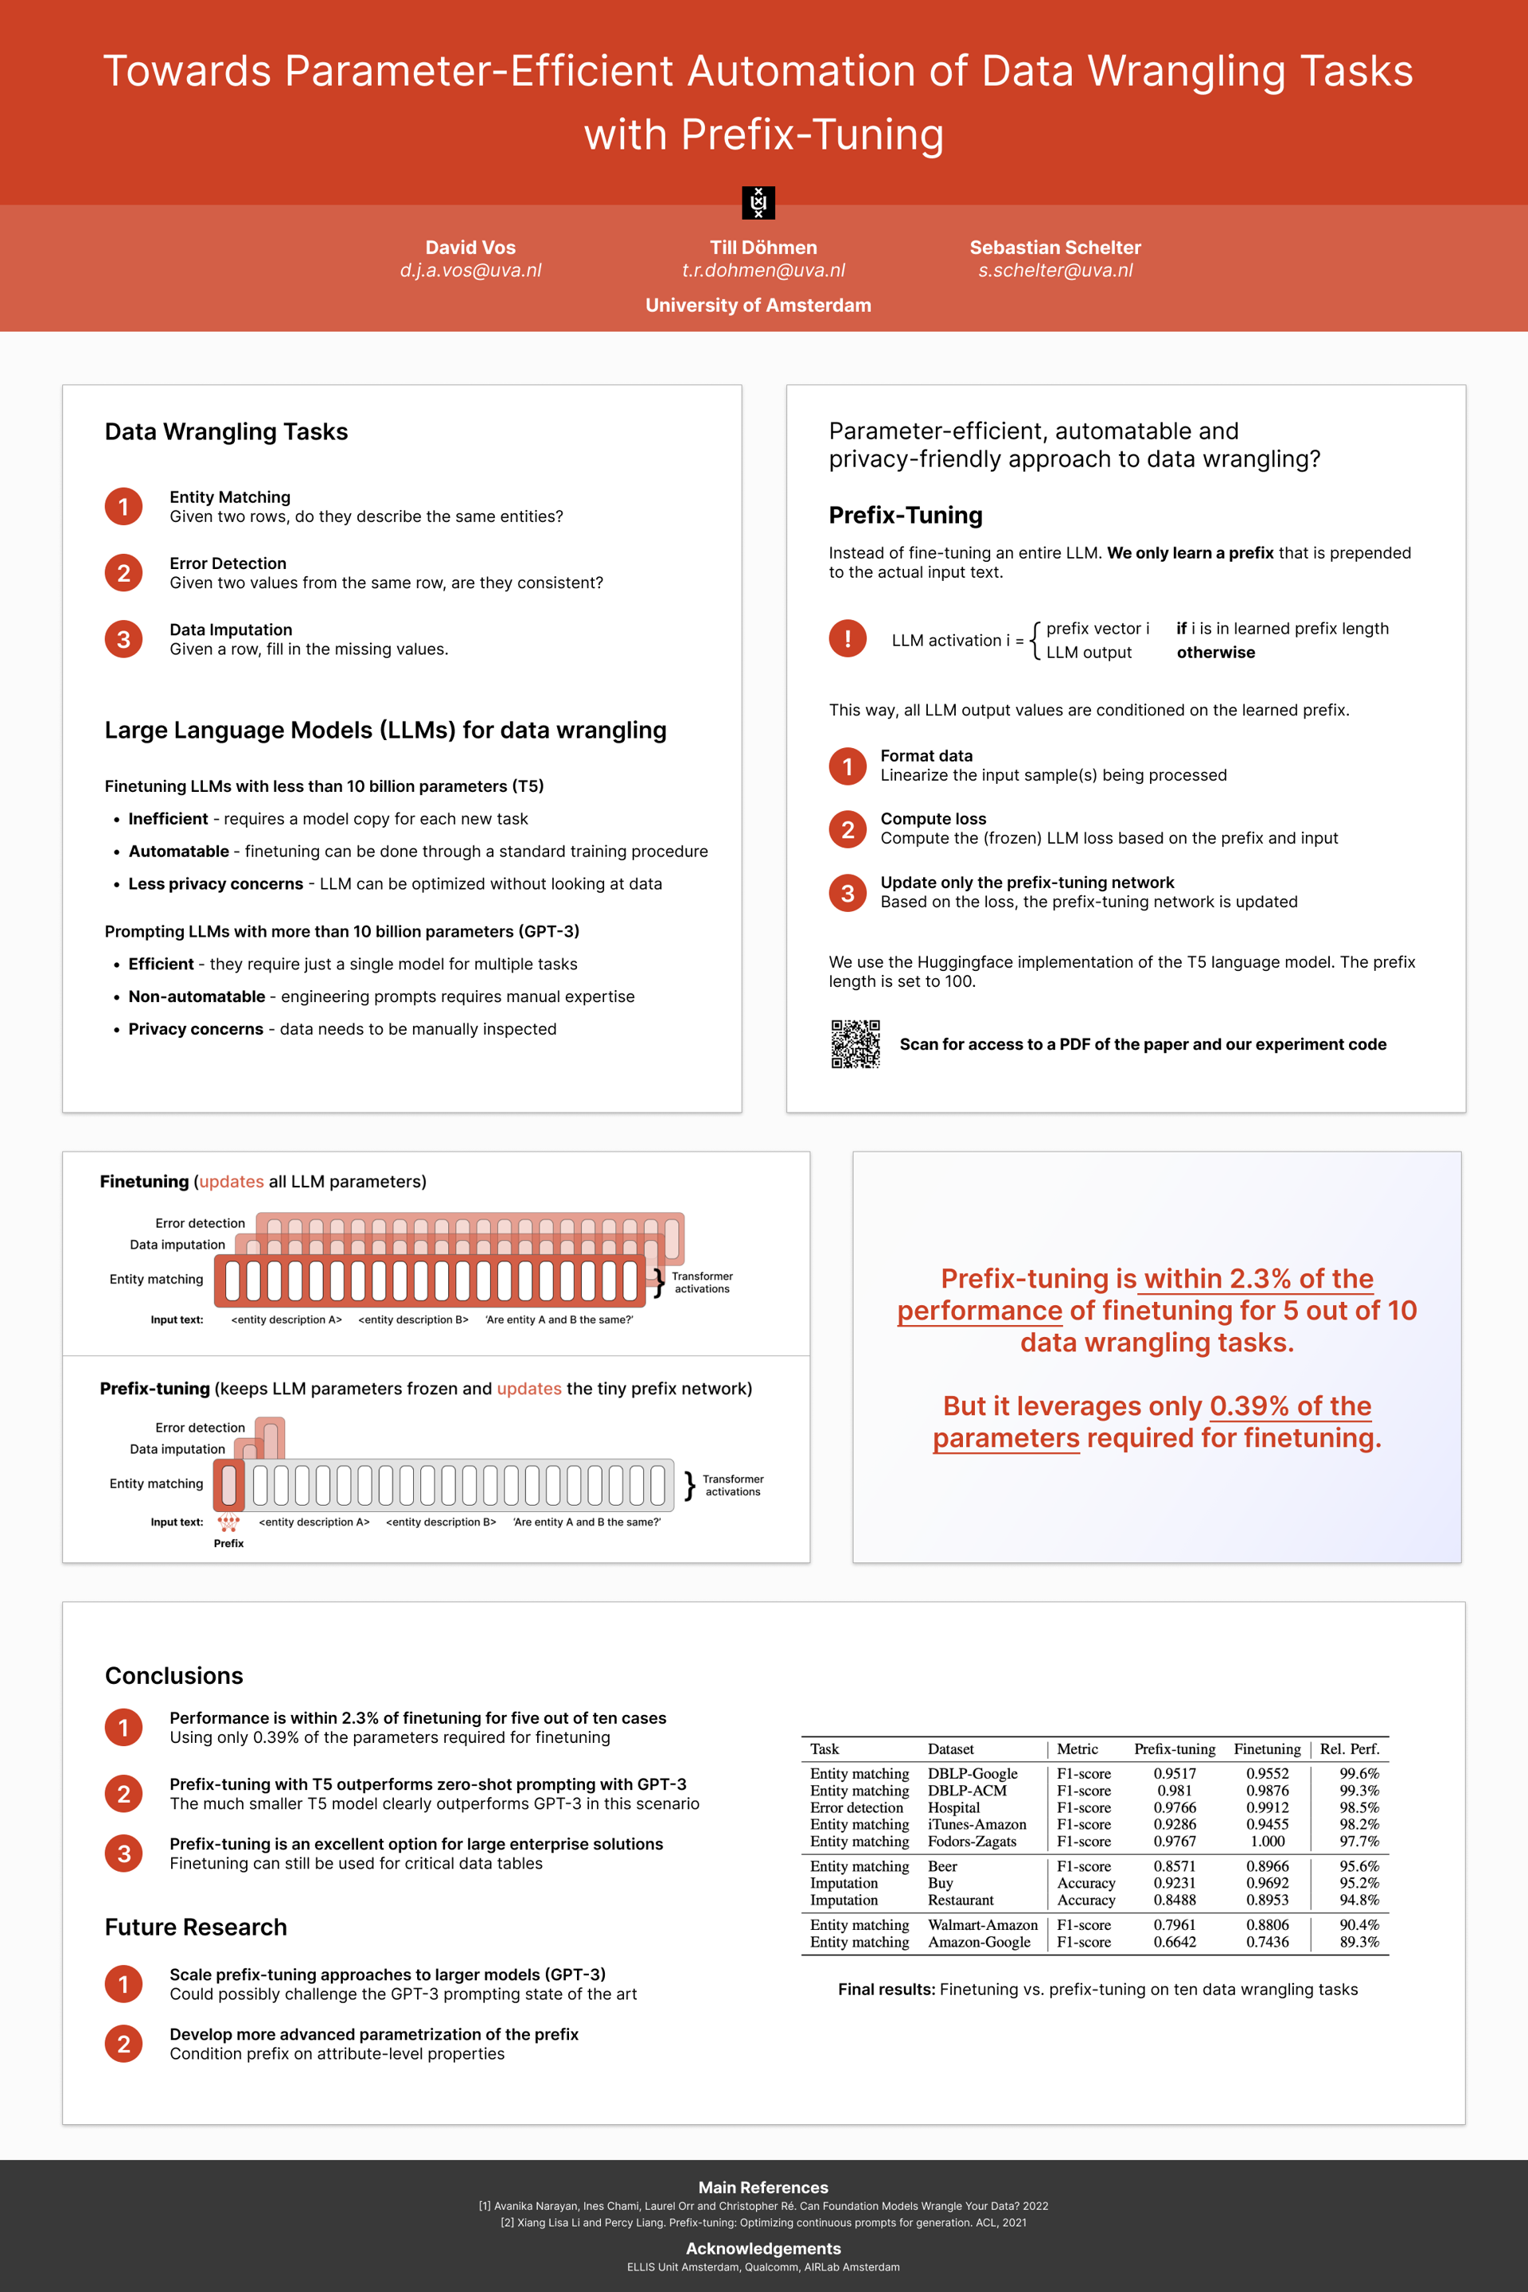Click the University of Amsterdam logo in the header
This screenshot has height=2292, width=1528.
pyautogui.click(x=758, y=203)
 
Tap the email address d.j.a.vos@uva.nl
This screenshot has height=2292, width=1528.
pyautogui.click(x=470, y=271)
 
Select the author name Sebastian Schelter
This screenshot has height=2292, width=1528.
pyautogui.click(x=1054, y=248)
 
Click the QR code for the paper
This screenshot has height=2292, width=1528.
pyautogui.click(x=856, y=1043)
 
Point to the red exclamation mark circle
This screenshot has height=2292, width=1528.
pyautogui.click(x=848, y=639)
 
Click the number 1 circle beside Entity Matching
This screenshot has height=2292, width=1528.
pyautogui.click(x=124, y=507)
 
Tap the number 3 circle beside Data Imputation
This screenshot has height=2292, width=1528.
pyautogui.click(x=124, y=639)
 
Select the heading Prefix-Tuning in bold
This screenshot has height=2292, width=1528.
pyautogui.click(x=906, y=516)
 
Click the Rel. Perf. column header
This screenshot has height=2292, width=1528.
pyautogui.click(x=1350, y=1749)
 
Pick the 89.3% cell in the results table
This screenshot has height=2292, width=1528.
pyautogui.click(x=1358, y=1942)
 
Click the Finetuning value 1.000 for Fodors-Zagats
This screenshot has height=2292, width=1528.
pyautogui.click(x=1267, y=1842)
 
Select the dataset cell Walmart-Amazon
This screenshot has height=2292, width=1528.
pyautogui.click(x=982, y=1926)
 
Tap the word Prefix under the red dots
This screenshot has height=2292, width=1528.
pyautogui.click(x=229, y=1544)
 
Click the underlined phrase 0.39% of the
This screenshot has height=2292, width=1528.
pyautogui.click(x=1290, y=1406)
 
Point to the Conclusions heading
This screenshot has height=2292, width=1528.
pyautogui.click(x=174, y=1676)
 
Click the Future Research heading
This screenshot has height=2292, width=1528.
pyautogui.click(x=196, y=1928)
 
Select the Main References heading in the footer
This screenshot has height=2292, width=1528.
pyautogui.click(x=763, y=2188)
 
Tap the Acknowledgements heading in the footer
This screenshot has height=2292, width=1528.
pyautogui.click(x=763, y=2248)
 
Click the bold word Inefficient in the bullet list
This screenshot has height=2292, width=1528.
pyautogui.click(x=169, y=820)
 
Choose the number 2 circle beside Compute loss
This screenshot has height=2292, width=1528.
pyautogui.click(x=848, y=829)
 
